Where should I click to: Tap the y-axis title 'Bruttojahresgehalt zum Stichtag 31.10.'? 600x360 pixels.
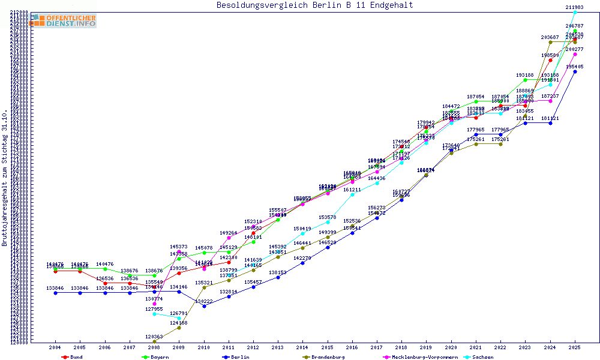pos(5,178)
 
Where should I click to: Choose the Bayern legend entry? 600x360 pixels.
pos(156,357)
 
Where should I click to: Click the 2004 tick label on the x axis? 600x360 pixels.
pos(55,348)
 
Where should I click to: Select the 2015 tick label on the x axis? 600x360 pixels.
pos(328,348)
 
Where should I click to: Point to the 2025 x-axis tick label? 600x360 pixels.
pos(575,348)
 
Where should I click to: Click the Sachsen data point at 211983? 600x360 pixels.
pos(575,12)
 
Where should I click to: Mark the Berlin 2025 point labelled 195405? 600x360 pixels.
pos(575,71)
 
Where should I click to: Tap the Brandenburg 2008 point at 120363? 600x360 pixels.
pos(154,341)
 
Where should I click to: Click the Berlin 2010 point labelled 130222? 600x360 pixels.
pos(204,306)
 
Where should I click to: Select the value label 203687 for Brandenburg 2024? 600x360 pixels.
pos(550,37)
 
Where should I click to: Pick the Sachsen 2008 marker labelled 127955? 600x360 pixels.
pos(154,314)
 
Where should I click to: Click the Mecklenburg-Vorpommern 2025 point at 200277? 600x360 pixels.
pos(575,54)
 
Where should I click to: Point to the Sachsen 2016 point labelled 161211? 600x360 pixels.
pos(352,194)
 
